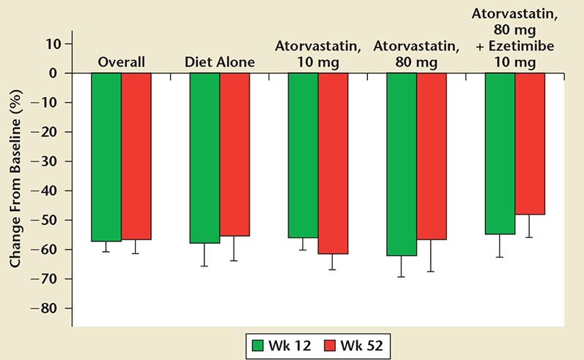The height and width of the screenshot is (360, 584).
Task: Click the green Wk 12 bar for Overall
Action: point(107,157)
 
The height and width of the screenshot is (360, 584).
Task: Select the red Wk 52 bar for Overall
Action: point(137,156)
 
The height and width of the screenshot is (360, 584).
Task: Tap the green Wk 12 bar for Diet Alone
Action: point(204,158)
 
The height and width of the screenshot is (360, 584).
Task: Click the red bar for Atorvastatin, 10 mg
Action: point(332,164)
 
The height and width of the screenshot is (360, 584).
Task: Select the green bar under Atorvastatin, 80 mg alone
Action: point(401,164)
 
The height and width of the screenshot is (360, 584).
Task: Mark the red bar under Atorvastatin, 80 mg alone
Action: point(431,156)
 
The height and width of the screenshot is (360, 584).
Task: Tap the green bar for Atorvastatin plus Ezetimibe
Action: point(500,153)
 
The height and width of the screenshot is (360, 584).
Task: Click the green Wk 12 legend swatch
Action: point(260,343)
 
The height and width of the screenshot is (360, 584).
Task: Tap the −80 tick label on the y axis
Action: point(49,308)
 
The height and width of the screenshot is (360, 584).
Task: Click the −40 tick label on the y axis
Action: point(49,191)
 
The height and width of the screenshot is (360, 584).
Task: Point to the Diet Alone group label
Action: point(219,62)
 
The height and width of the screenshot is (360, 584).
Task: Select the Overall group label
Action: point(121,62)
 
